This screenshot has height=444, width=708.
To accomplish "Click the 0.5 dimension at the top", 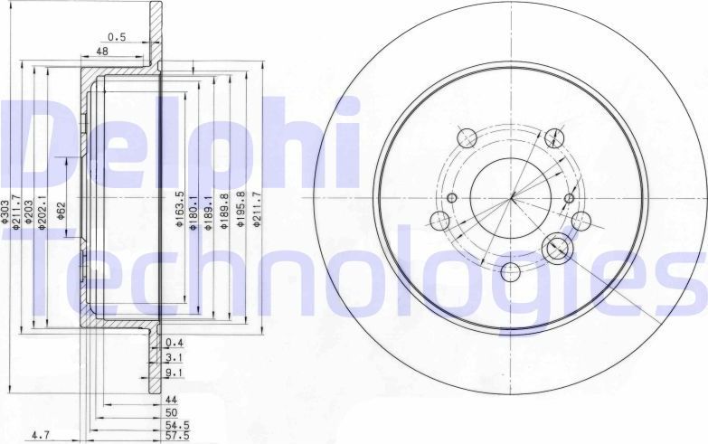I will coord(116,36).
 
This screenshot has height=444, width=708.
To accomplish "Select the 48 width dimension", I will coord(102,52).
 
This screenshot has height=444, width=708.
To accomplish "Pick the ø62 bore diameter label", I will coord(61,209).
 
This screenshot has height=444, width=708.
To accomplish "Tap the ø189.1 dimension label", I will coord(209,213).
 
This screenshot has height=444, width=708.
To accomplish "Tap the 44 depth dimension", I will coord(170,399).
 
